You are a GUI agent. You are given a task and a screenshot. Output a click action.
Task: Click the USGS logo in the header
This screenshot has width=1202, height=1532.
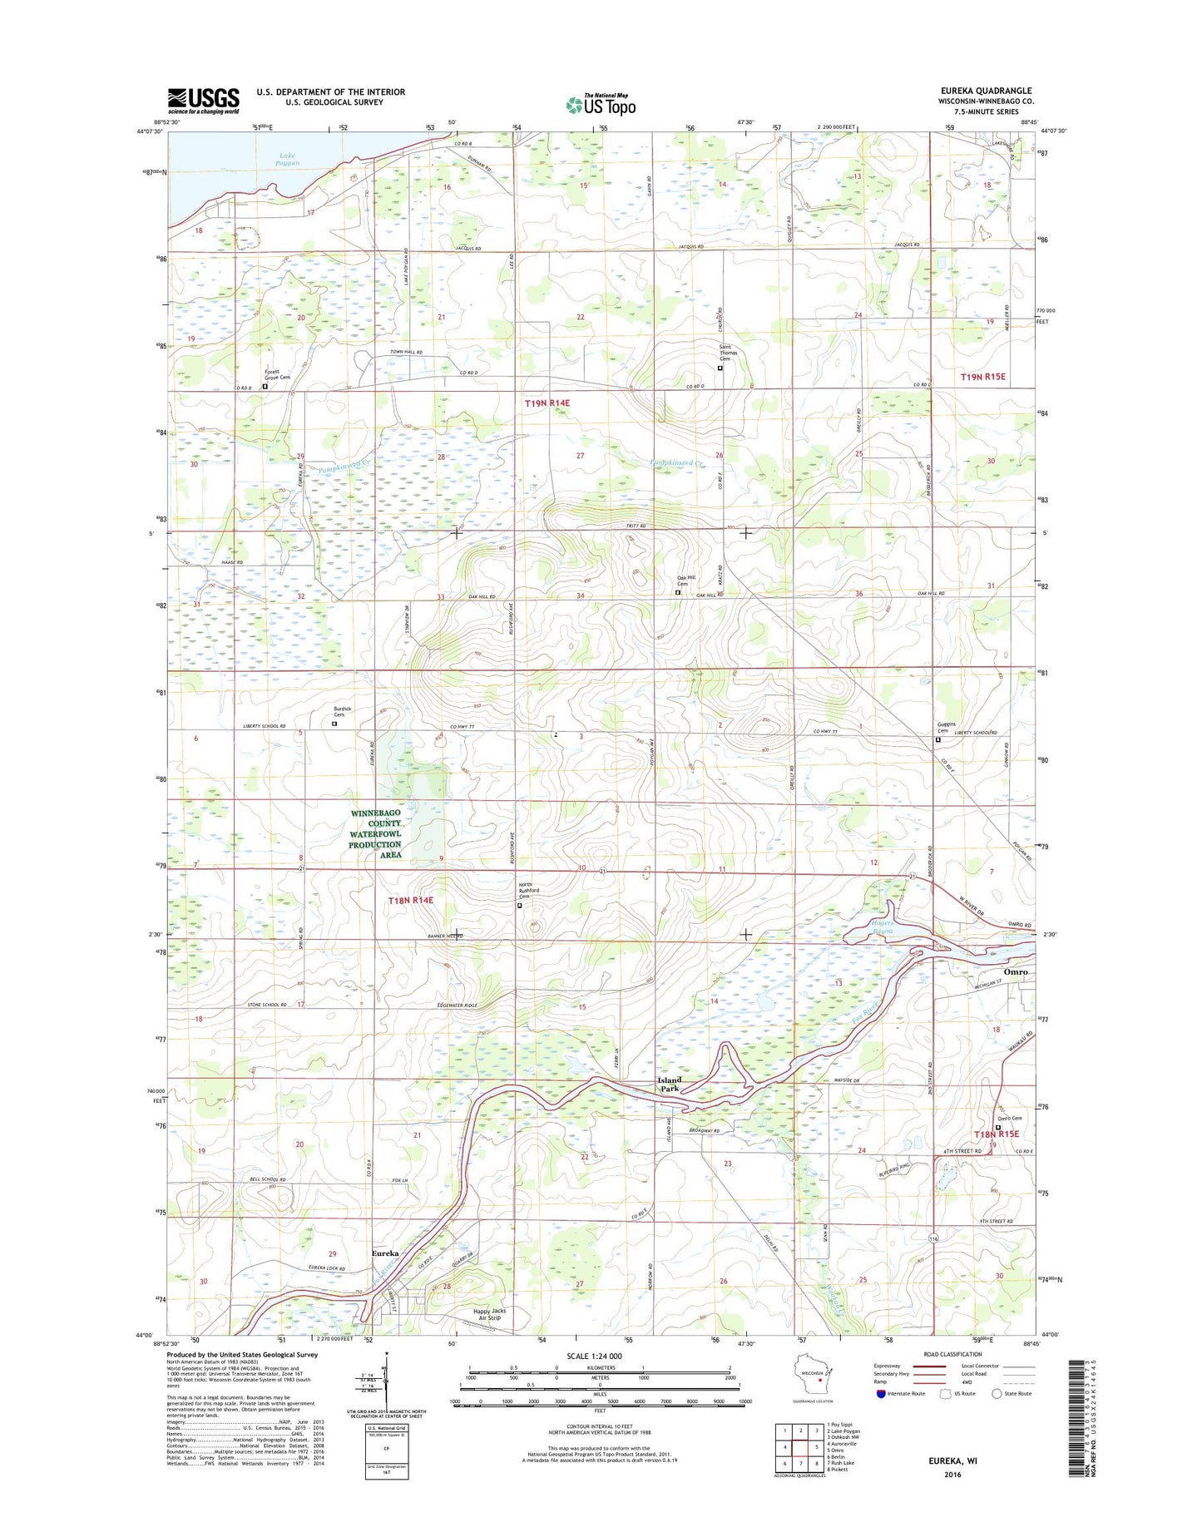(203, 101)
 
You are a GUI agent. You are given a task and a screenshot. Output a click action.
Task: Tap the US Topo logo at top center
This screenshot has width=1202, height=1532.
(601, 105)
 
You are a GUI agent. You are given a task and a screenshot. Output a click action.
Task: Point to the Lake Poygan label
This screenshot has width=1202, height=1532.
(287, 159)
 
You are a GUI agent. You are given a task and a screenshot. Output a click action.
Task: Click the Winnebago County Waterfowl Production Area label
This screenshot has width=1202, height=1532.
(375, 833)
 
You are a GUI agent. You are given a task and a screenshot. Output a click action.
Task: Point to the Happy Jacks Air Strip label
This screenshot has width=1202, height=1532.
(489, 1314)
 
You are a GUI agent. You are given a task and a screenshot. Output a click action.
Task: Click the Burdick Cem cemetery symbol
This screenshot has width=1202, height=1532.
(335, 724)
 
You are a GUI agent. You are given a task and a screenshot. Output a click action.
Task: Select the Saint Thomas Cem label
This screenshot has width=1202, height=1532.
(720, 353)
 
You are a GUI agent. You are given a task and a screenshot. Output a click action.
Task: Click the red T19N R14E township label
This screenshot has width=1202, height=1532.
(547, 403)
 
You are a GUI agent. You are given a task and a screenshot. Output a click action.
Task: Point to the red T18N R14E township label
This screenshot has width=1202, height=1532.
(410, 900)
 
